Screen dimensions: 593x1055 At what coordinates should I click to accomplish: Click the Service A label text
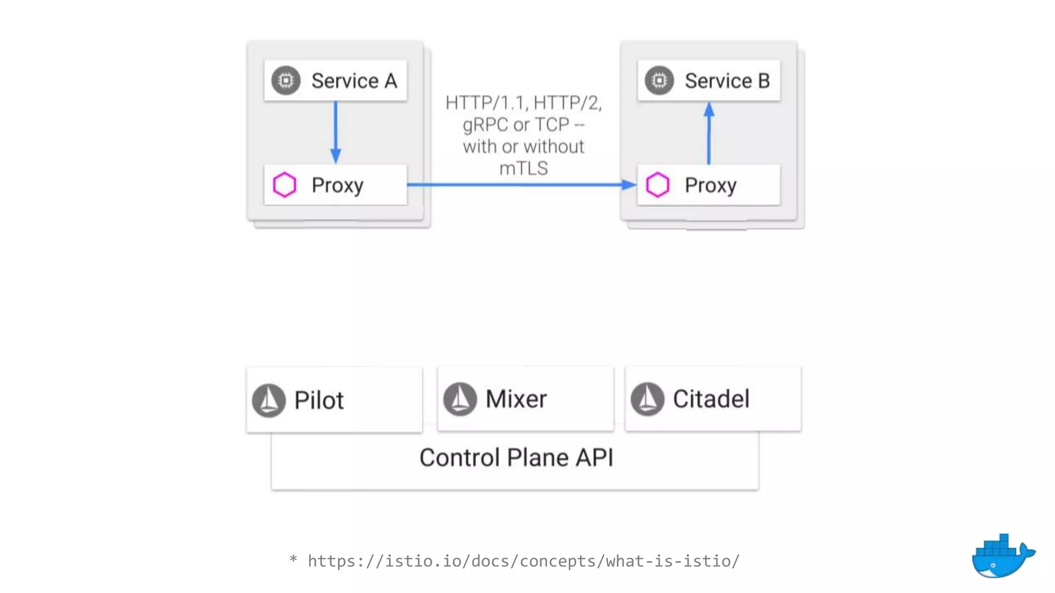click(x=354, y=81)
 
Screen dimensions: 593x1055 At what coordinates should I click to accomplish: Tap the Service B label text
click(x=727, y=81)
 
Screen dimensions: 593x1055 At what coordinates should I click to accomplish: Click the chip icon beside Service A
click(x=286, y=80)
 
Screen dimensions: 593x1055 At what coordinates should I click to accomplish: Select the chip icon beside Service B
click(x=659, y=80)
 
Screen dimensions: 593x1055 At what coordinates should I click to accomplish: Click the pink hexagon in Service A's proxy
click(x=284, y=185)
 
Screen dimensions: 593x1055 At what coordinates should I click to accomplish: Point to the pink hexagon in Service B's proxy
click(x=657, y=185)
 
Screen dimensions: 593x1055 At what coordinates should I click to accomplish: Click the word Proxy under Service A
click(x=337, y=185)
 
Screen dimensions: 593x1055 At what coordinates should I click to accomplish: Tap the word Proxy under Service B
click(x=710, y=185)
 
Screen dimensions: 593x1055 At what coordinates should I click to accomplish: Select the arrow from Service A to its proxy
click(x=335, y=132)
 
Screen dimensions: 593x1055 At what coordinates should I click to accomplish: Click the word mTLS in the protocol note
click(x=523, y=168)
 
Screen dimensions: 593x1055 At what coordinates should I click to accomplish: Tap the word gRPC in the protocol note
click(x=484, y=125)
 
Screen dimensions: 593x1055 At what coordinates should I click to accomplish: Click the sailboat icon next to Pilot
click(x=269, y=400)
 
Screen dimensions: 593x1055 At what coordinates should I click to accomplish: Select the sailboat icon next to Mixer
click(x=460, y=398)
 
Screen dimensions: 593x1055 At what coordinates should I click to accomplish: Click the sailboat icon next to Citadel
click(x=648, y=398)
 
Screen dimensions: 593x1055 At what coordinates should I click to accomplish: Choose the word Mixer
click(x=516, y=399)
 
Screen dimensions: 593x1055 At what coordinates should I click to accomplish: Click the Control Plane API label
click(x=516, y=458)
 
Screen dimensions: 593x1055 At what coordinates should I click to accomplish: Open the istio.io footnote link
click(x=523, y=561)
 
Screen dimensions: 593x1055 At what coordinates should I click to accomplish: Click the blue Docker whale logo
click(x=1002, y=557)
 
